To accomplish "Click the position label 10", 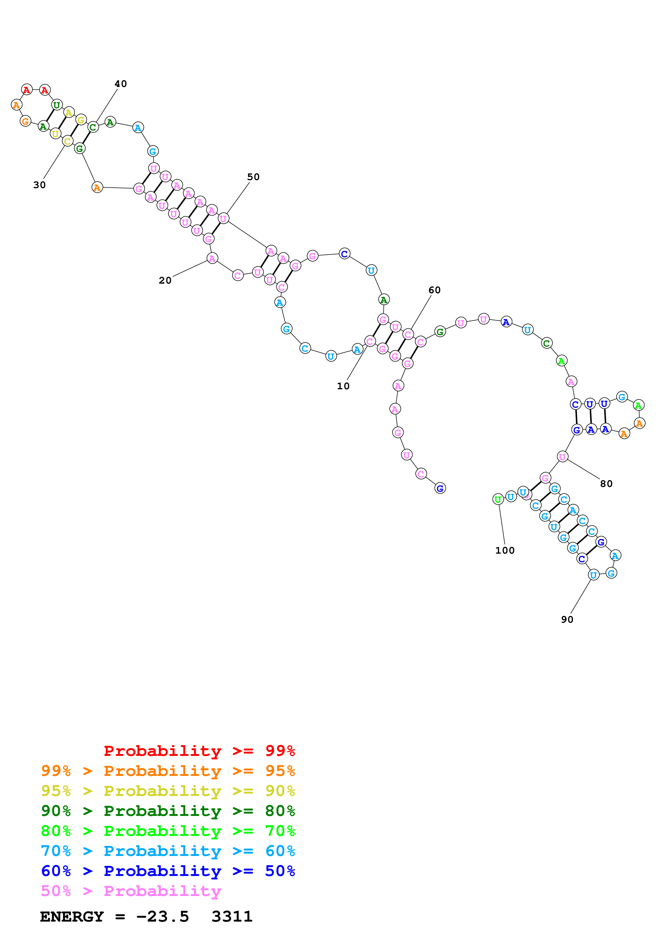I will (x=343, y=386).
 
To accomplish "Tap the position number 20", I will (x=165, y=280).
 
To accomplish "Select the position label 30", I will (x=39, y=185).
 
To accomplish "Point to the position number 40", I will (x=120, y=84).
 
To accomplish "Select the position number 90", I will (x=567, y=620).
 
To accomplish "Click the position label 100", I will (x=504, y=551).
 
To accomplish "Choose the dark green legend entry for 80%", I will (x=168, y=811).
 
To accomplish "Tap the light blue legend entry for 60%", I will (x=168, y=851).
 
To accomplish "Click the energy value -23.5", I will (x=162, y=917).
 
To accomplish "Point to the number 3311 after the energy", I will (x=232, y=917).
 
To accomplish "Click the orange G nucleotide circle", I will (x=25, y=121).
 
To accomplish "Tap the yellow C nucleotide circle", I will (x=67, y=141).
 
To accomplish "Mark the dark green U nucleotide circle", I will (x=57, y=105).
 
